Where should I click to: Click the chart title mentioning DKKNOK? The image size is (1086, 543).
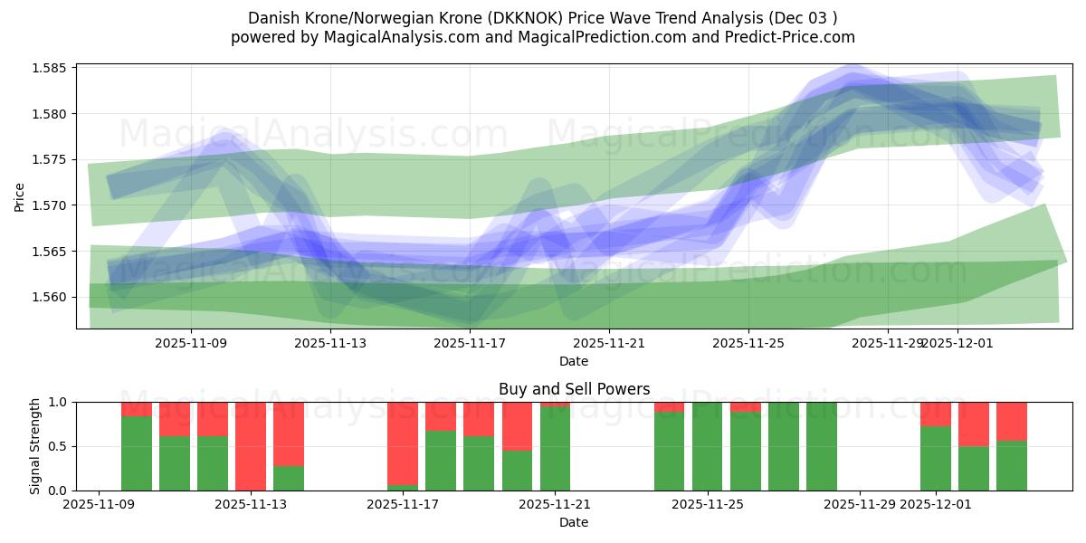click(x=542, y=18)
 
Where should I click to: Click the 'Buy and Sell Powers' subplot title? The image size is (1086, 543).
click(x=574, y=389)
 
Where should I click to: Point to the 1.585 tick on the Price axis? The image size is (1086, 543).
click(x=52, y=68)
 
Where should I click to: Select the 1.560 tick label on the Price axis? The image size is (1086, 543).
click(x=52, y=297)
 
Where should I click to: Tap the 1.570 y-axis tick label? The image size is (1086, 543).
click(x=52, y=205)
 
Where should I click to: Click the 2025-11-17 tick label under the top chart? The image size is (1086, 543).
click(x=470, y=343)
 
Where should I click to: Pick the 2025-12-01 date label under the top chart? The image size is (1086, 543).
click(x=957, y=343)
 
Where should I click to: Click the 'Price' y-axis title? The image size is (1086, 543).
click(x=20, y=195)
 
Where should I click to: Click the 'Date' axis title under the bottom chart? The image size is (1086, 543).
click(x=574, y=522)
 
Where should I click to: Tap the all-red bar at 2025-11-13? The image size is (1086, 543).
click(x=251, y=445)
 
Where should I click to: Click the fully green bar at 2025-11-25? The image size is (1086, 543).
click(x=708, y=446)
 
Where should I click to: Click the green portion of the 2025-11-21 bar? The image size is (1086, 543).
click(x=555, y=450)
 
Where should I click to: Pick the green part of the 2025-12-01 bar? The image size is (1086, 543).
click(x=936, y=459)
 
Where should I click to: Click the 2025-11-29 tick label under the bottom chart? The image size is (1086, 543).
click(x=859, y=504)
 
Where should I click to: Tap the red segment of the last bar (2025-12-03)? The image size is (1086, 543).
click(x=1012, y=420)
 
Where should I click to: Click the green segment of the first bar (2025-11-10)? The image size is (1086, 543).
click(x=137, y=453)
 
